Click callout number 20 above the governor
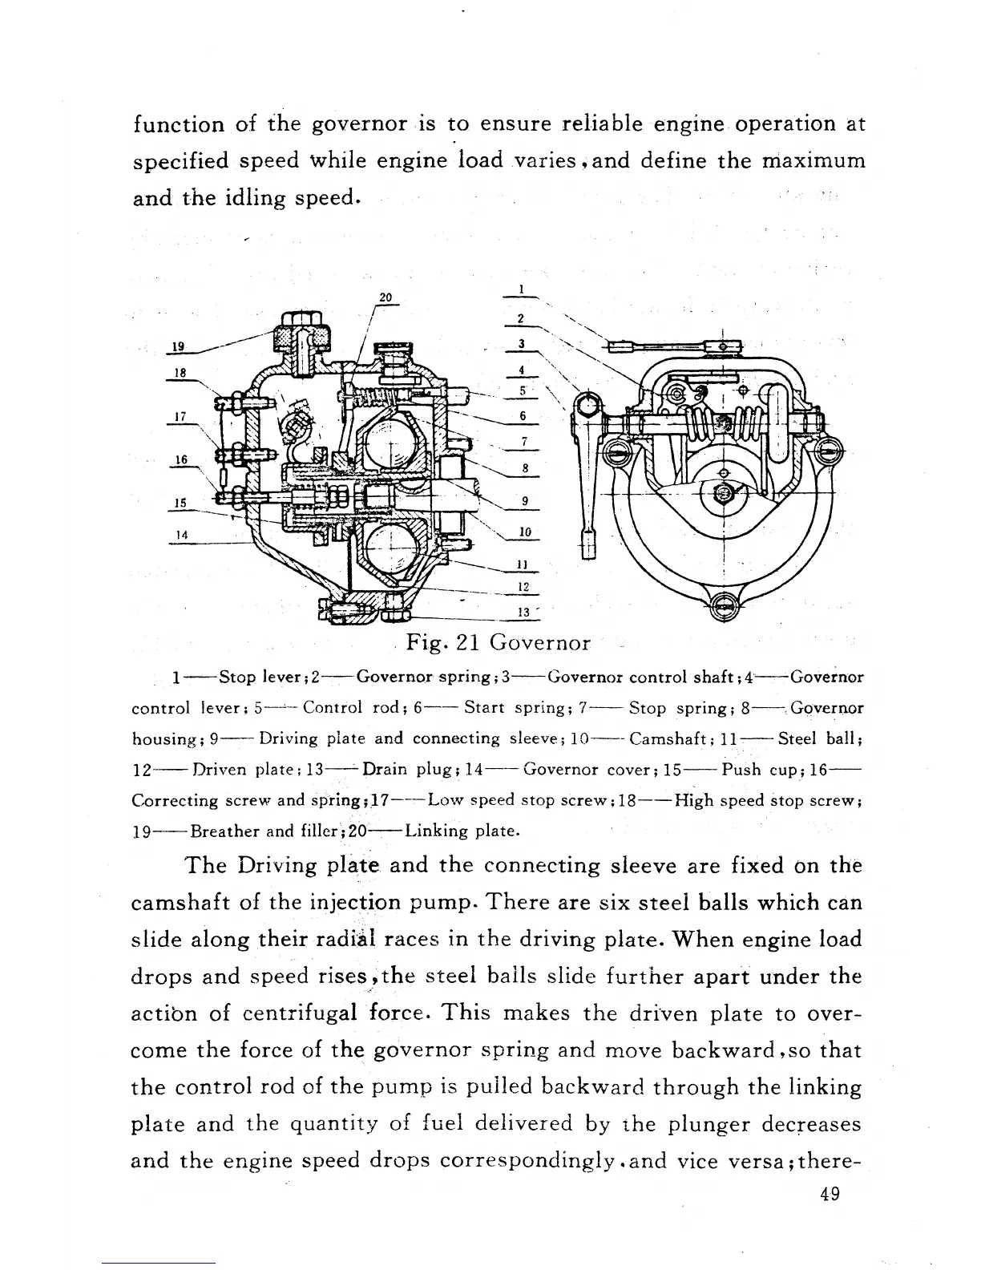pyautogui.click(x=386, y=297)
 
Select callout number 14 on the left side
pyautogui.click(x=181, y=534)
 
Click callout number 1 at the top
pyautogui.click(x=521, y=289)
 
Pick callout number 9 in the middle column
pyautogui.click(x=524, y=501)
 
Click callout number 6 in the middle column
pyautogui.click(x=523, y=415)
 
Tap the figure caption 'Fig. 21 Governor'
pyautogui.click(x=498, y=642)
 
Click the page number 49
pyautogui.click(x=830, y=1194)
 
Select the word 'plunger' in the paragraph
pyautogui.click(x=675, y=1124)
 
